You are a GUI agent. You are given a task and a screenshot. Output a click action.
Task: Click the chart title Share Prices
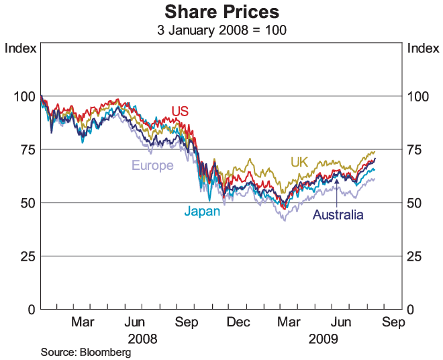point(222,13)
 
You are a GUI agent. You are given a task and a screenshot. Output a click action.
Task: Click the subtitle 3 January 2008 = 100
point(222,30)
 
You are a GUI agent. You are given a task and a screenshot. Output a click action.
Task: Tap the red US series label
point(180,110)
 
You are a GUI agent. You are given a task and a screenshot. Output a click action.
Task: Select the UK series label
point(299,162)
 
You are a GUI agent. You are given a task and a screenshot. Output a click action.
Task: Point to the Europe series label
point(152,165)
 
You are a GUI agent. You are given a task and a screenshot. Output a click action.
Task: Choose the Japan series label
point(202,211)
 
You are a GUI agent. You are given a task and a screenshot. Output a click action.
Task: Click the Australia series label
point(338,215)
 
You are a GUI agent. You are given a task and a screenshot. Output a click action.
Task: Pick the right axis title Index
point(423,48)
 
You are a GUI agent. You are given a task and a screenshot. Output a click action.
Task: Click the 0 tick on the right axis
point(412,309)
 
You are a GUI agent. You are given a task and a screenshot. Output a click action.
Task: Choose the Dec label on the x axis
point(238,322)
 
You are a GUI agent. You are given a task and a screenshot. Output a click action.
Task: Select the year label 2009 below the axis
point(324,339)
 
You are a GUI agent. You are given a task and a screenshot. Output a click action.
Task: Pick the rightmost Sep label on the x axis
point(393,322)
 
